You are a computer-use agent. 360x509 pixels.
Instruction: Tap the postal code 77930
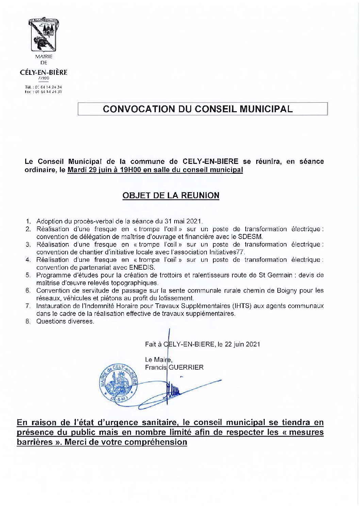point(44,78)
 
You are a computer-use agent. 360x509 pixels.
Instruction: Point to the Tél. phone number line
point(44,87)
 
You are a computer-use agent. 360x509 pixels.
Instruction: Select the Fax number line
point(44,92)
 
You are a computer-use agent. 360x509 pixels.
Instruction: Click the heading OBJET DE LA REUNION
point(171,196)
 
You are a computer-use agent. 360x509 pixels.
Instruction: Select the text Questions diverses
point(65,321)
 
